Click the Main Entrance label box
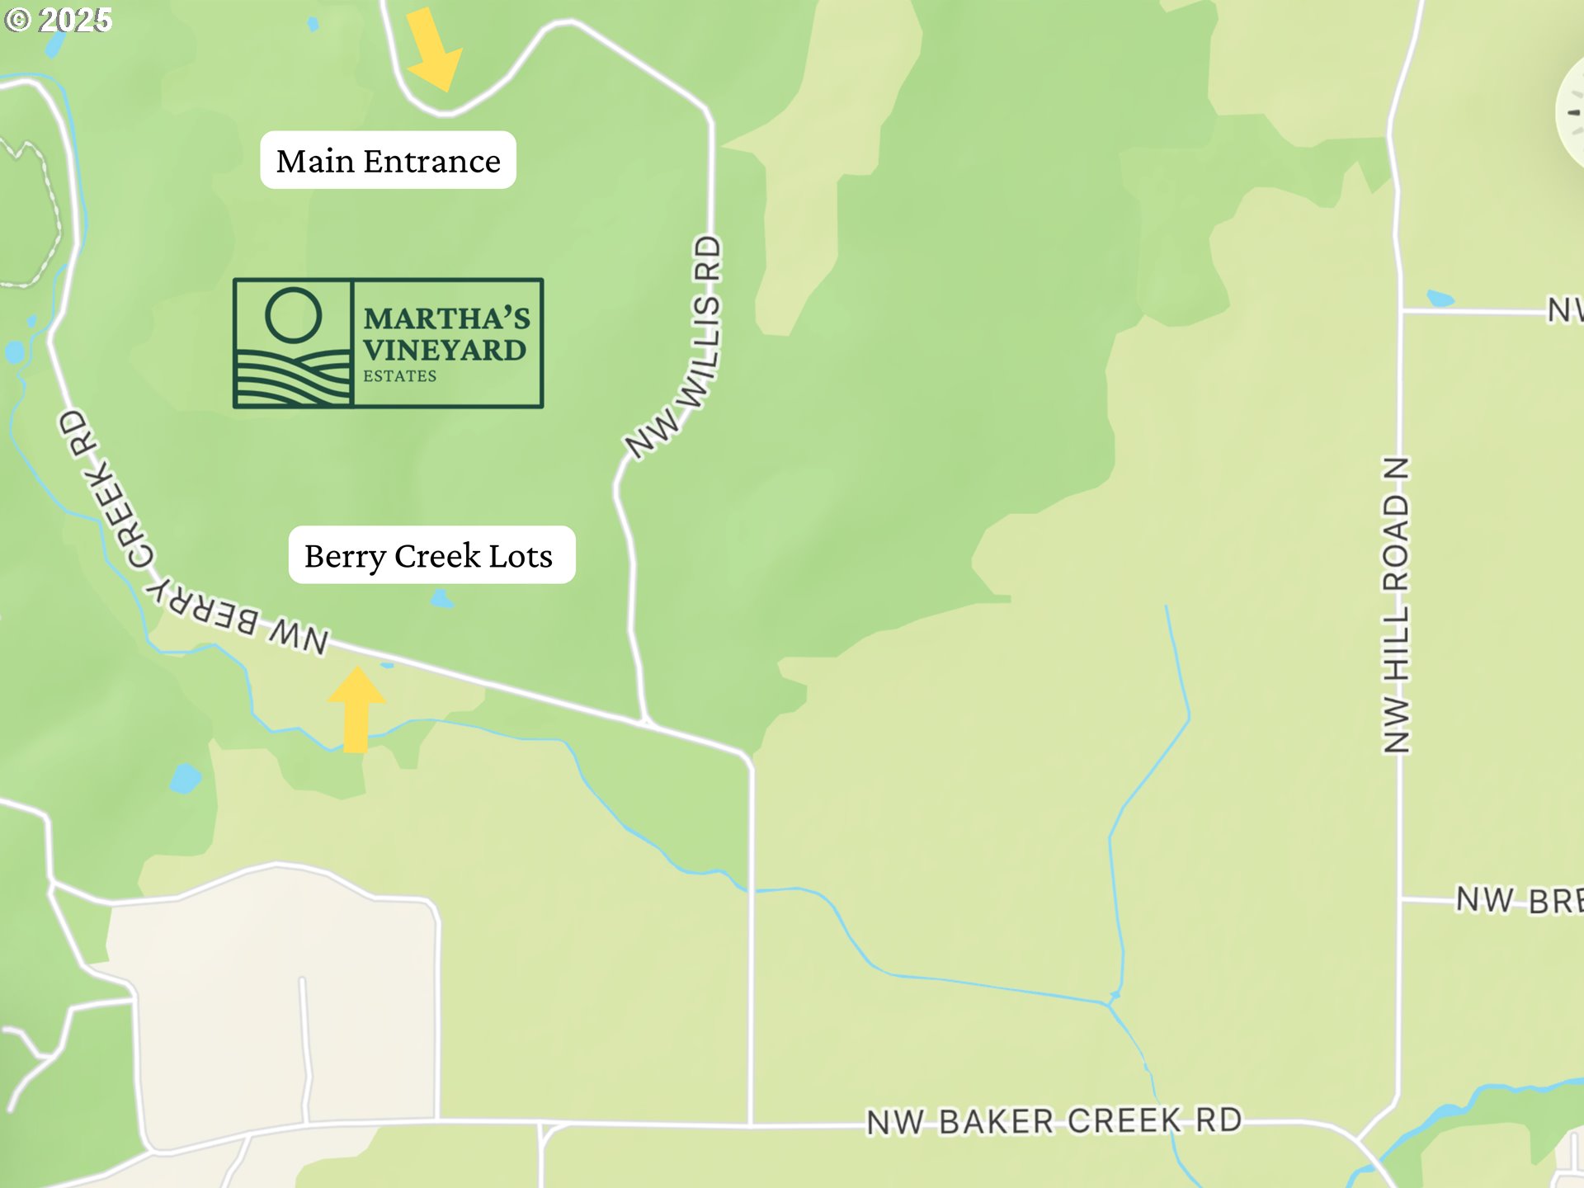[388, 160]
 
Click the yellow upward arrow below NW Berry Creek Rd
[356, 709]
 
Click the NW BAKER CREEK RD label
[1054, 1121]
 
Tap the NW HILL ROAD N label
[1396, 605]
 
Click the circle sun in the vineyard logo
[293, 315]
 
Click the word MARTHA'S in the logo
[446, 318]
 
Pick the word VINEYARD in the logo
[445, 351]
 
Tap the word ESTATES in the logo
[400, 376]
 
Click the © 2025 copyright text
[58, 20]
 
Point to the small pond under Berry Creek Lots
[442, 599]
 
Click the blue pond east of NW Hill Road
[1440, 298]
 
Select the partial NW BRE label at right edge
[1518, 900]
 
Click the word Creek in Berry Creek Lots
[437, 556]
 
